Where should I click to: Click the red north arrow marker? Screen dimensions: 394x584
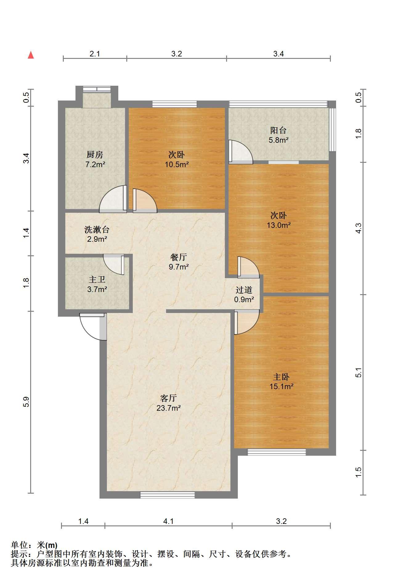tap(31, 55)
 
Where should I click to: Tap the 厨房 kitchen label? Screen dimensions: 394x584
tap(95, 154)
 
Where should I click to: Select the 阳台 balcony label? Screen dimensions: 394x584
tap(278, 130)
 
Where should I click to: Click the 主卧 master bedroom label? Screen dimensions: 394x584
tap(281, 377)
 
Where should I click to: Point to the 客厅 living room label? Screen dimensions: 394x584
tap(169, 398)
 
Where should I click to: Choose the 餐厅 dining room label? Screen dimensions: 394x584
tap(179, 257)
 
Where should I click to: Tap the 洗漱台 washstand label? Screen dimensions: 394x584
tap(97, 229)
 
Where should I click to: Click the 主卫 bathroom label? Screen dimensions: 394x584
tap(97, 280)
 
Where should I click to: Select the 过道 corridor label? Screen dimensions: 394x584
tap(244, 290)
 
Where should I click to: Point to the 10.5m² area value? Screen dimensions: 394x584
tap(177, 164)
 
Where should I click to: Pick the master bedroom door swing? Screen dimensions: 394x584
tap(246, 322)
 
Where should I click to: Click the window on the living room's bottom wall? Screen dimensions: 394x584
tap(168, 495)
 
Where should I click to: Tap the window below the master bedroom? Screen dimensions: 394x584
tap(277, 452)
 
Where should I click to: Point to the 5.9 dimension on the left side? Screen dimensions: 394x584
tap(26, 402)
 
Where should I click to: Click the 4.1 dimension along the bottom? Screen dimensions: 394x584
tap(169, 521)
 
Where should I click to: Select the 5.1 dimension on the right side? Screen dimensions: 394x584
tap(358, 372)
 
